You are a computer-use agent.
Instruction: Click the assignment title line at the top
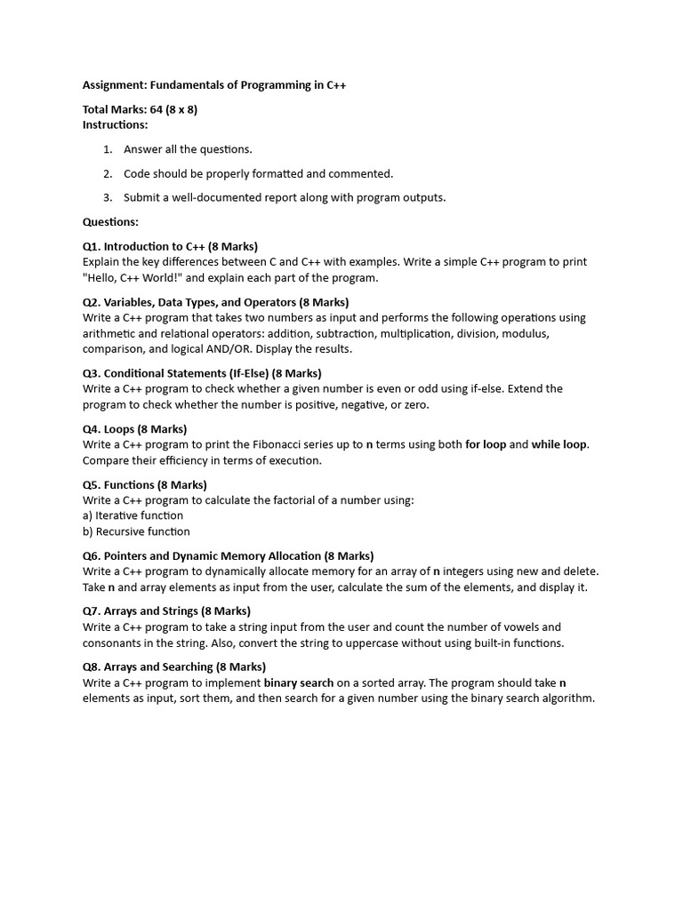[214, 85]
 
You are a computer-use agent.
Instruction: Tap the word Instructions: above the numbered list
[116, 125]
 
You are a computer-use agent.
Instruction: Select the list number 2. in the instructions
[108, 173]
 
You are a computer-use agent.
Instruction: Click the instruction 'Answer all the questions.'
[188, 149]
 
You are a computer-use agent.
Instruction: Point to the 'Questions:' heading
[111, 222]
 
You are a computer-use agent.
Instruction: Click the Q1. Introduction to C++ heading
[170, 246]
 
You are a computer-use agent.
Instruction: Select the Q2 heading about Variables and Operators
[216, 302]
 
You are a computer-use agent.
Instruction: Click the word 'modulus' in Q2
[528, 334]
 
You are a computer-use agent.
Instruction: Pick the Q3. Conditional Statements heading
[202, 373]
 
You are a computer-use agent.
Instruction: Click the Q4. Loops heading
[134, 429]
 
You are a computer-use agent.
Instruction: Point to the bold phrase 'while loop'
[559, 445]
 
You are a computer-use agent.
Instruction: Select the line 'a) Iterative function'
[133, 516]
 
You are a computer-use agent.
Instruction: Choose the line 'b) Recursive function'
[136, 532]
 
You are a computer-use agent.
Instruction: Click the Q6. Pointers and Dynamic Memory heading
[228, 556]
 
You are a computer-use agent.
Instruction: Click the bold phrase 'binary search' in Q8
[299, 683]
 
